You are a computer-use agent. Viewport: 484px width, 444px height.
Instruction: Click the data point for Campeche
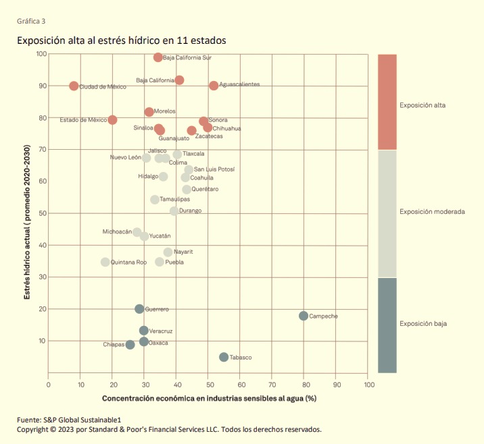(x=304, y=316)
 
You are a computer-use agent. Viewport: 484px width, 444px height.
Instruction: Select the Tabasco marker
(x=224, y=357)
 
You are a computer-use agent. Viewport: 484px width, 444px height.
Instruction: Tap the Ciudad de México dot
(x=74, y=86)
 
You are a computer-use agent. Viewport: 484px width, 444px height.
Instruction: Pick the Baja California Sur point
(x=158, y=57)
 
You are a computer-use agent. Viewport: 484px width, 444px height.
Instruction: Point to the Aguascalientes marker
(x=214, y=86)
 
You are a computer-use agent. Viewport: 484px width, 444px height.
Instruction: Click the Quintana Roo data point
(x=105, y=262)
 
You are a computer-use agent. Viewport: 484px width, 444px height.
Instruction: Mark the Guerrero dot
(x=139, y=309)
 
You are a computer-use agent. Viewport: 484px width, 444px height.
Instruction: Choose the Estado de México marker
(x=112, y=120)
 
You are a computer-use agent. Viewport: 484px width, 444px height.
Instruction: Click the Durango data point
(x=174, y=211)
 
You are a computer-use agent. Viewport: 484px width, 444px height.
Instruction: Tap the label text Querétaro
(x=205, y=189)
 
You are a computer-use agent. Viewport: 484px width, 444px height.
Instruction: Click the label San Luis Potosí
(x=214, y=169)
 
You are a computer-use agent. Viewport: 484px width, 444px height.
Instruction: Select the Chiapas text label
(x=114, y=345)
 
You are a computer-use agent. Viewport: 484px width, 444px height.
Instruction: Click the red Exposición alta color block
(x=387, y=102)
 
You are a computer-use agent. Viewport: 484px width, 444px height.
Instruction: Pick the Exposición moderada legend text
(x=432, y=212)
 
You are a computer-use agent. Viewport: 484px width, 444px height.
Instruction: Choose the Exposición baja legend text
(x=423, y=323)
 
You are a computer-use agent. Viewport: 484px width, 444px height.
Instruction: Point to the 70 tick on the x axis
(x=272, y=385)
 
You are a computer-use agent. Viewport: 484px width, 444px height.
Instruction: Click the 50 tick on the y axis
(x=43, y=213)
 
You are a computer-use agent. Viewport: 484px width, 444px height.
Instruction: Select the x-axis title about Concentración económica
(x=210, y=398)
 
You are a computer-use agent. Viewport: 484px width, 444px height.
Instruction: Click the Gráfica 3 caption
(x=31, y=21)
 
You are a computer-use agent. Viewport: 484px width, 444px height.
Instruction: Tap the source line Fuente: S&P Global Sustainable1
(x=69, y=420)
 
